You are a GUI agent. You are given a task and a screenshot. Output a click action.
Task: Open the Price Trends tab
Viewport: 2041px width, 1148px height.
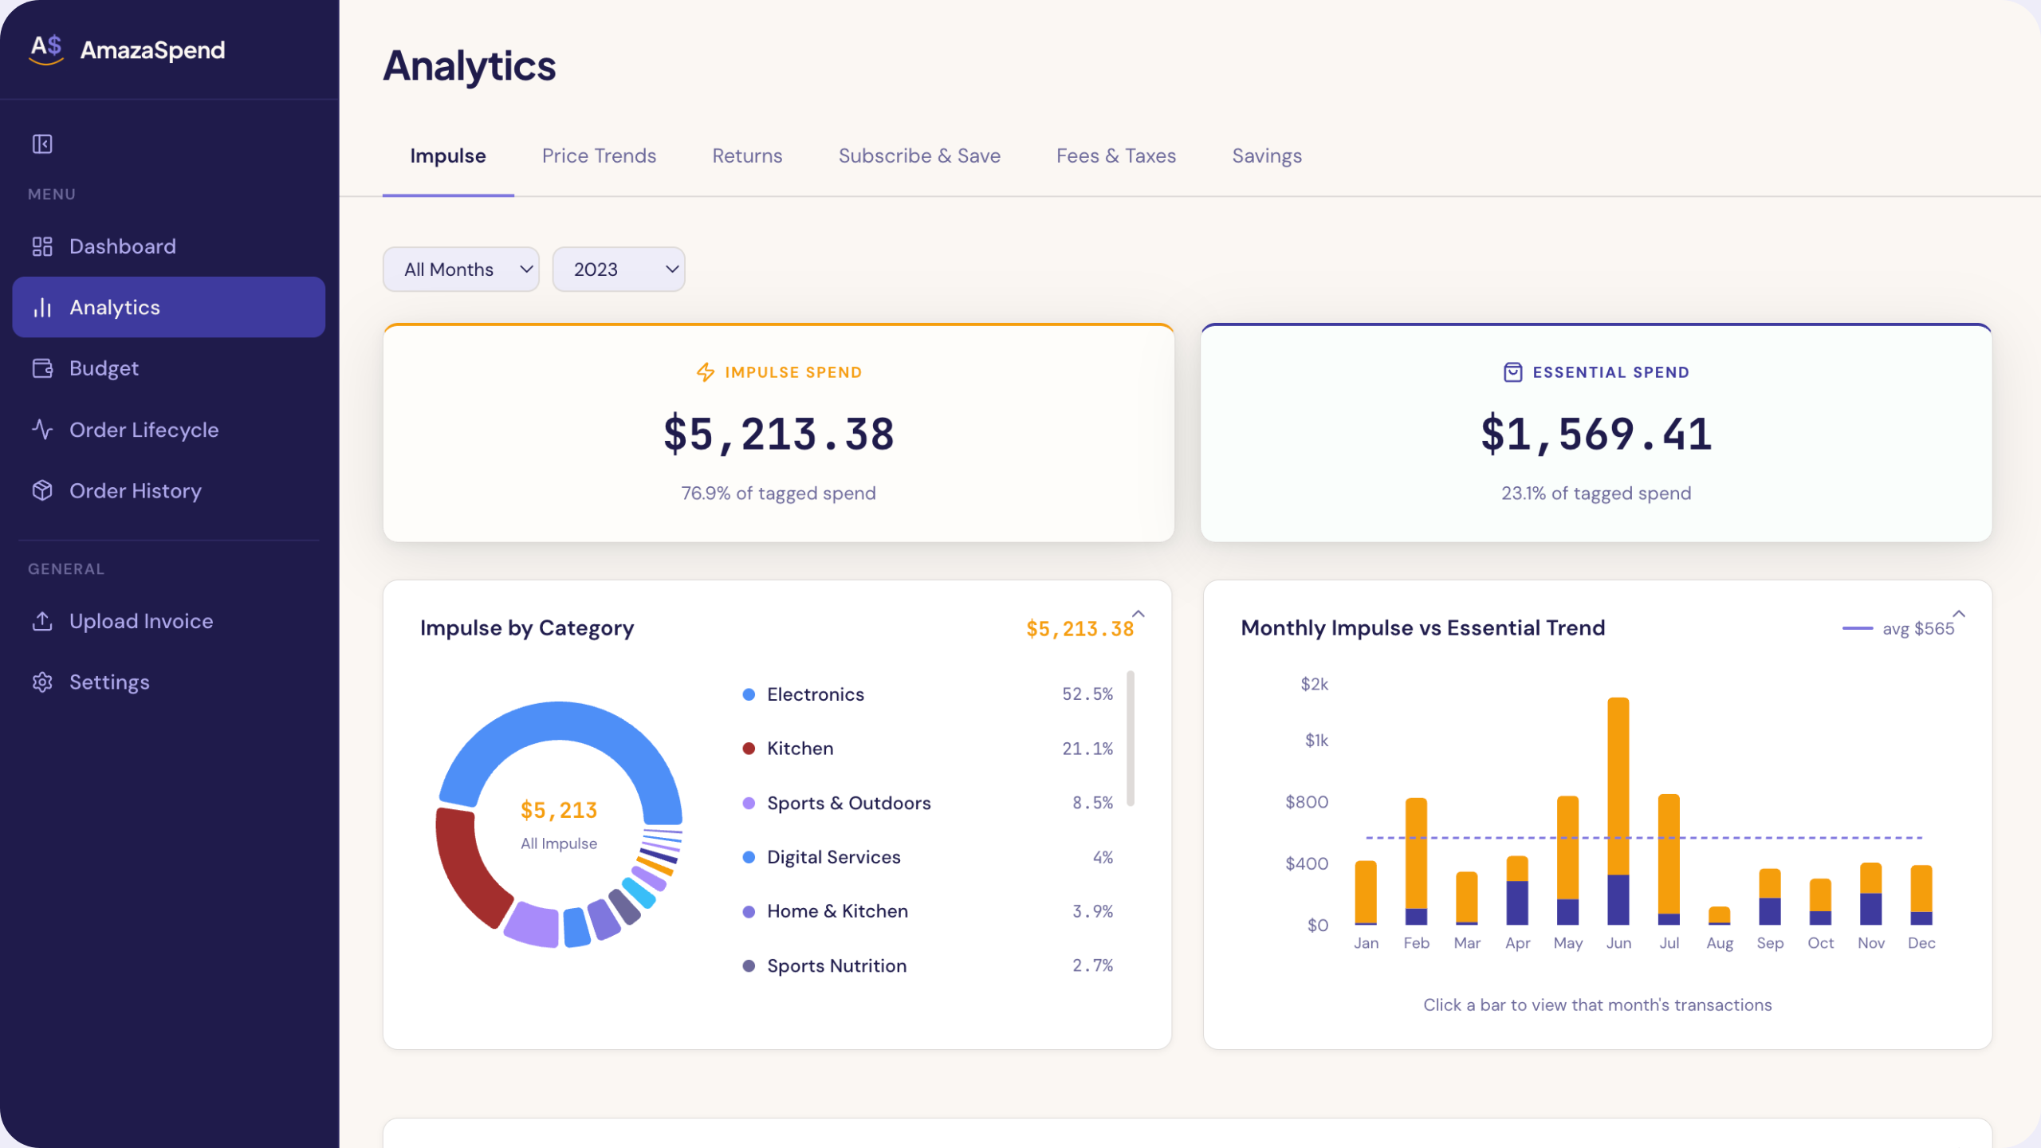tap(599, 155)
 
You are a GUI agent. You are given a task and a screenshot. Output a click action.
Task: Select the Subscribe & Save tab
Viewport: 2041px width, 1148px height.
tap(919, 155)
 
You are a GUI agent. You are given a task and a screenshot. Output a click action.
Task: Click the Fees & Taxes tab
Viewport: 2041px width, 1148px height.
tap(1116, 155)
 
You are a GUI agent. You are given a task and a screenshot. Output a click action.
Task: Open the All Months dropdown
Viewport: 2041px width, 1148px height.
tap(461, 269)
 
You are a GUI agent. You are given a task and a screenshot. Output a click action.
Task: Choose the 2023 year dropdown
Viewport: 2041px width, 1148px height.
tap(619, 269)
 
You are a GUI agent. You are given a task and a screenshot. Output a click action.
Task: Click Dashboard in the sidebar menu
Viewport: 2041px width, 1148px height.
tap(122, 246)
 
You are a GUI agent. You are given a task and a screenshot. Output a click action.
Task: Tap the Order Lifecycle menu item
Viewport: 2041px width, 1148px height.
tap(144, 430)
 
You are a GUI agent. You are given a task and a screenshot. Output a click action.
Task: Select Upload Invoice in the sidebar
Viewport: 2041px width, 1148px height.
tap(141, 621)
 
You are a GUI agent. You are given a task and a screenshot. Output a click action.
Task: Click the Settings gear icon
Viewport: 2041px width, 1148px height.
tap(42, 682)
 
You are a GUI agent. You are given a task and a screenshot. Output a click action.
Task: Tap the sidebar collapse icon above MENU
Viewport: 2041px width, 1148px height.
tap(42, 144)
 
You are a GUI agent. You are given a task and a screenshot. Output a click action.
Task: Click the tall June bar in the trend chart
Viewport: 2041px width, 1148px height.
tap(1618, 811)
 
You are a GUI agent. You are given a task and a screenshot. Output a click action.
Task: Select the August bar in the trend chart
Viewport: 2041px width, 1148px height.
tap(1720, 915)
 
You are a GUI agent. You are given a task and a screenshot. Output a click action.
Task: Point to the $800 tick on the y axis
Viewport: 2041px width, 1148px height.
tap(1307, 802)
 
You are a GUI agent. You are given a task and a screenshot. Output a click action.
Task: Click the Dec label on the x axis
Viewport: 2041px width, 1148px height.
tap(1921, 943)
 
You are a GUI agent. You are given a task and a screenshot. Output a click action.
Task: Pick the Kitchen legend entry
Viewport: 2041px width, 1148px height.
tap(800, 749)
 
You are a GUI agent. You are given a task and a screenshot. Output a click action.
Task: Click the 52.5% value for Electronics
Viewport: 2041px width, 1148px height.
tap(1087, 694)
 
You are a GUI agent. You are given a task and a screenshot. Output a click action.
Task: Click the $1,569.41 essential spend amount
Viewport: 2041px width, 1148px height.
tap(1596, 434)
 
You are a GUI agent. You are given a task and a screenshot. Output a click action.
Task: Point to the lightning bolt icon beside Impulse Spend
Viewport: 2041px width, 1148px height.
tap(706, 372)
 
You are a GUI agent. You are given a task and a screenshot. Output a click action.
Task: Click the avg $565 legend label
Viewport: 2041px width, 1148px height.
tap(1918, 629)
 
